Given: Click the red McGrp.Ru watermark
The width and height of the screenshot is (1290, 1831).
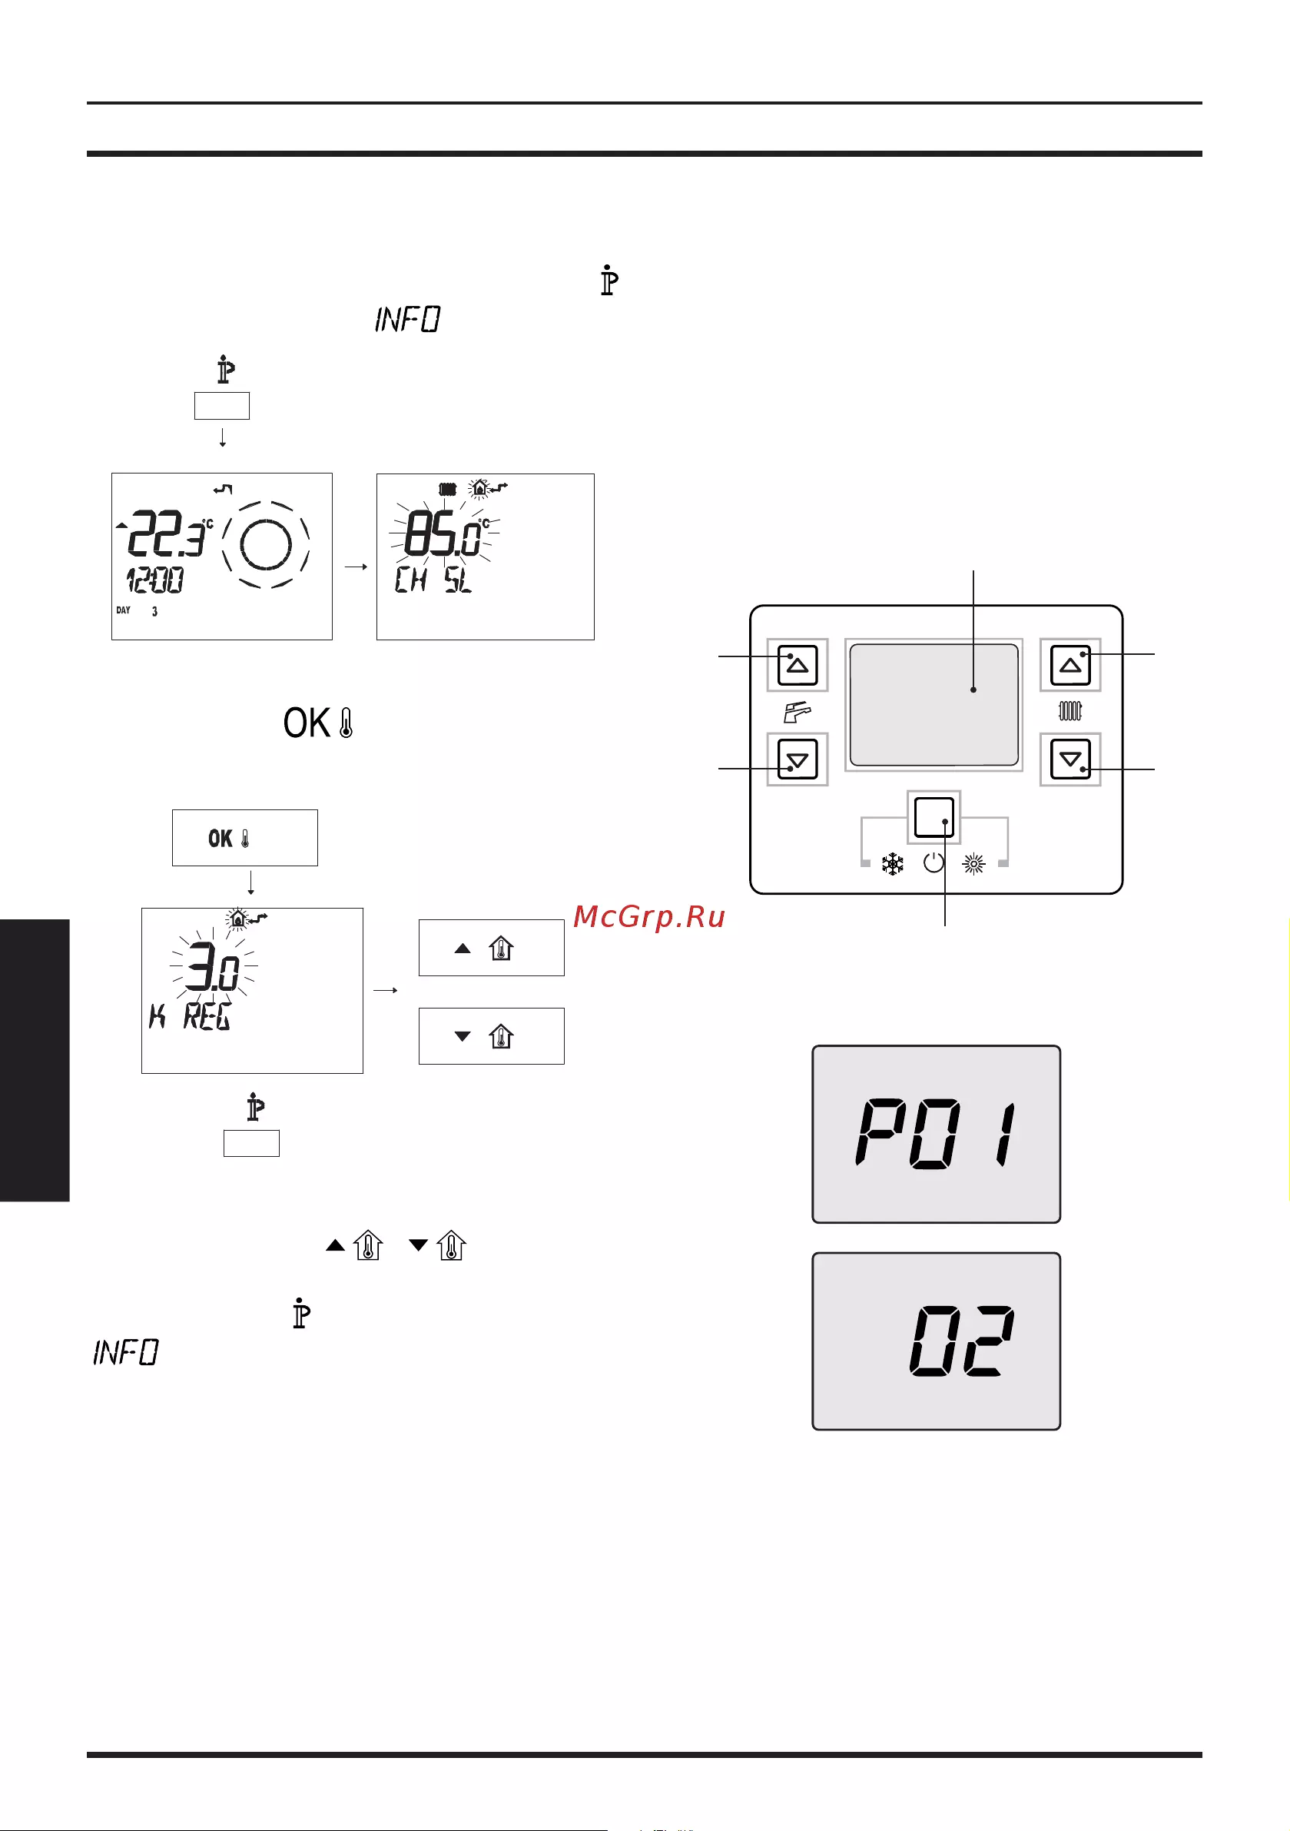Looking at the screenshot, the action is [649, 917].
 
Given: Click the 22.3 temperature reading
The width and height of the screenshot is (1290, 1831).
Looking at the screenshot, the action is [166, 533].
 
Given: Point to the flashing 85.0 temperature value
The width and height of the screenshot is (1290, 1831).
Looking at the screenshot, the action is [443, 533].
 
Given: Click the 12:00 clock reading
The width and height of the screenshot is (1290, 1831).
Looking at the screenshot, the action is [154, 580].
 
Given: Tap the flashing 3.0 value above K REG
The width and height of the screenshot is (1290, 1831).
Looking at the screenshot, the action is [213, 967].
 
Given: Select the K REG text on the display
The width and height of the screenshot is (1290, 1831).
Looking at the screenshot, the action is [191, 1017].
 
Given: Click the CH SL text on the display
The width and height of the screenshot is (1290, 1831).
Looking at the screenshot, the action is [433, 579].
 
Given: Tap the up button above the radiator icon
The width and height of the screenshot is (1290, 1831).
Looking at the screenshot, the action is [1070, 665].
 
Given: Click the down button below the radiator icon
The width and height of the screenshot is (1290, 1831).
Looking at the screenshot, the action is [1070, 759].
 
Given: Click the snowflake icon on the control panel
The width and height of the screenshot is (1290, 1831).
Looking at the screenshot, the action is [892, 864].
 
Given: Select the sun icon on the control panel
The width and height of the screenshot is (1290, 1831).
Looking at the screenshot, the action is [973, 864].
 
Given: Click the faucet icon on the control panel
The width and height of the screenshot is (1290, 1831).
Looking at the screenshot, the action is [798, 711].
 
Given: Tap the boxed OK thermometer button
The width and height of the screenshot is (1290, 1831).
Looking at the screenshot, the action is [245, 837].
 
